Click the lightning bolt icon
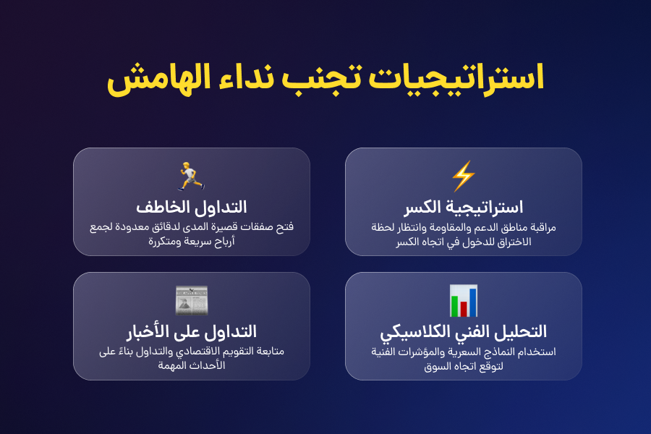pyautogui.click(x=463, y=176)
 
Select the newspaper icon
pyautogui.click(x=191, y=300)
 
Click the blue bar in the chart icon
pyautogui.click(x=472, y=301)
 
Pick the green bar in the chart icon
pyautogui.click(x=455, y=306)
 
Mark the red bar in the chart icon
pyautogui.click(x=464, y=309)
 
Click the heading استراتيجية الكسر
pyautogui.click(x=463, y=207)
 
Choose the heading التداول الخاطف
pyautogui.click(x=191, y=207)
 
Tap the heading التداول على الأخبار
pyautogui.click(x=191, y=331)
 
